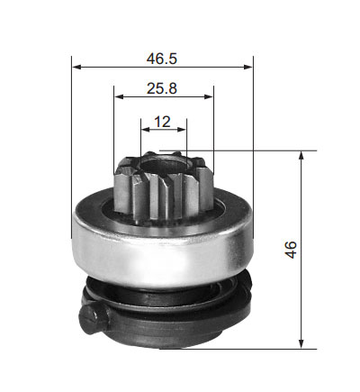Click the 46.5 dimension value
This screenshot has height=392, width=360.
point(162,59)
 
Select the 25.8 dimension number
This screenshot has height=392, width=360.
point(162,88)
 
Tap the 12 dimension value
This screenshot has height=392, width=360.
point(162,122)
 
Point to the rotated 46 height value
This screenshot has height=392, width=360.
point(291,250)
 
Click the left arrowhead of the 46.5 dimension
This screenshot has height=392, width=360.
point(76,67)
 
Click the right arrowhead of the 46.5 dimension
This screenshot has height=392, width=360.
point(248,67)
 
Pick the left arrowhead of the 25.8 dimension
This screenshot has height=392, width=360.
point(119,96)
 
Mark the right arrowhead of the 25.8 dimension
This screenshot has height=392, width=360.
point(209,96)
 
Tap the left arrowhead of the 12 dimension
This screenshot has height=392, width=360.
point(146,130)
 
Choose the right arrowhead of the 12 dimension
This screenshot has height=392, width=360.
point(182,130)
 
